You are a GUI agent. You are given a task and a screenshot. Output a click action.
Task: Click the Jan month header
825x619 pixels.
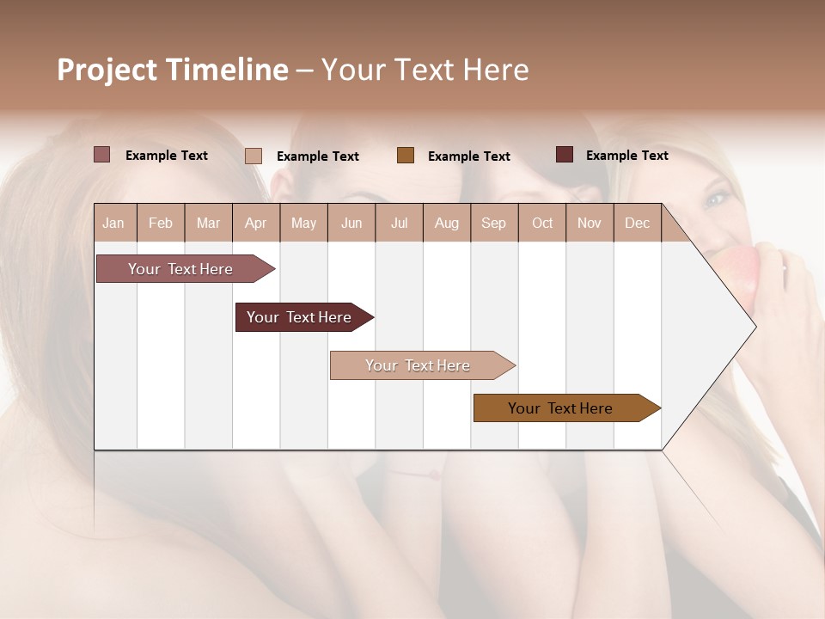[114, 223]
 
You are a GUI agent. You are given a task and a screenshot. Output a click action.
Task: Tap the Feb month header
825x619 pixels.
[161, 223]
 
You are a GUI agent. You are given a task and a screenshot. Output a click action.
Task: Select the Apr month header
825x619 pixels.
[255, 223]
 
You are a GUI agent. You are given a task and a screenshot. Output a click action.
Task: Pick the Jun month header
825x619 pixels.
[351, 223]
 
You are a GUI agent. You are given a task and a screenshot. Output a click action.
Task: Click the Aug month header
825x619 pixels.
[446, 223]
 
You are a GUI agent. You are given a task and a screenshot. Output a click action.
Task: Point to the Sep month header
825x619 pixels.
[493, 223]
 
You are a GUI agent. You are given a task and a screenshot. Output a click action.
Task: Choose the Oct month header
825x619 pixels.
[542, 223]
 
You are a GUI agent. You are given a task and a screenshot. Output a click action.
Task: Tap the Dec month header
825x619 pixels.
[637, 223]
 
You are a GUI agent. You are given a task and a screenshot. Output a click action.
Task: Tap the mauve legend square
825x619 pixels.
[102, 155]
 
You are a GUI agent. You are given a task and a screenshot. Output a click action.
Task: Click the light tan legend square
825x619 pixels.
[254, 156]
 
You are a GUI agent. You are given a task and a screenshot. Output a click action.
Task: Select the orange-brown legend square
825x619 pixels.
[406, 155]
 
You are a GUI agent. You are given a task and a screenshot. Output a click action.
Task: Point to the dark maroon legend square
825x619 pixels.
[565, 155]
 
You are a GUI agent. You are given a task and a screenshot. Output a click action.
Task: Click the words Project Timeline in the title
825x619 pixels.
[173, 70]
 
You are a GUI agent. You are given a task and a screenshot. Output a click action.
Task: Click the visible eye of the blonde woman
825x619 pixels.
[716, 199]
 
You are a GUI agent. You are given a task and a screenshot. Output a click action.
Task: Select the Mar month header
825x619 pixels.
[208, 223]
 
